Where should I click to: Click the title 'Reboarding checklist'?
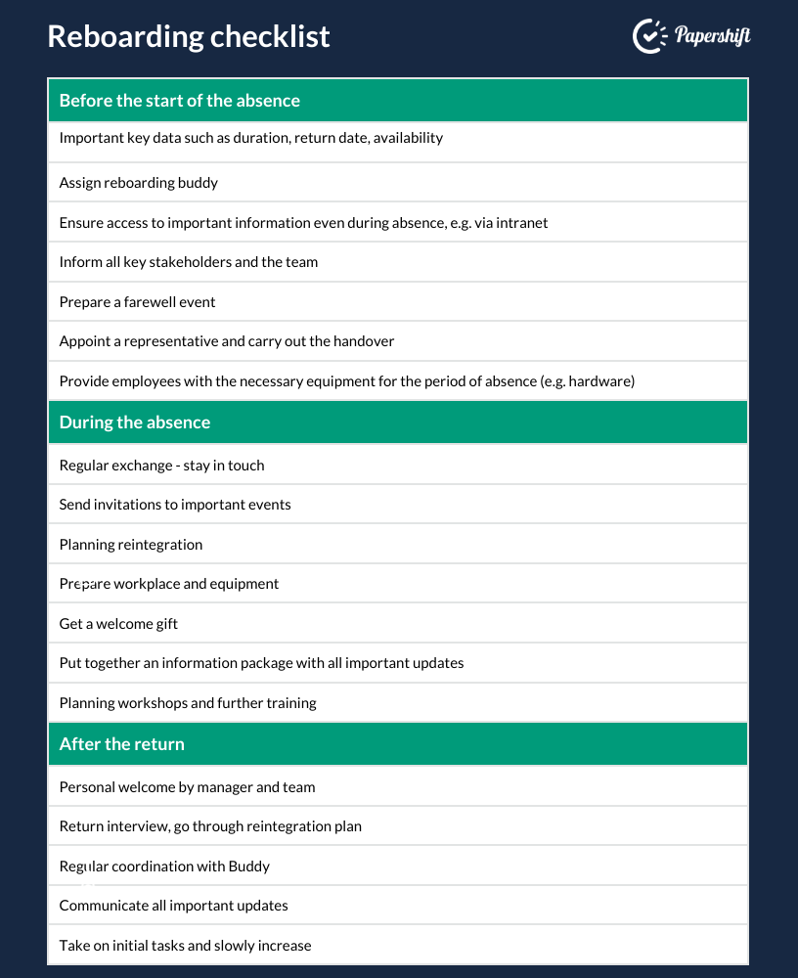[189, 36]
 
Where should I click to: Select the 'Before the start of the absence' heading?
[180, 101]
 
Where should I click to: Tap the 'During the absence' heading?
[135, 422]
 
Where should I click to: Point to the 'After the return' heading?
[122, 744]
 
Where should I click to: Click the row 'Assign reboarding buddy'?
[139, 183]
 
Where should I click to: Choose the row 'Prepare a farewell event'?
[138, 302]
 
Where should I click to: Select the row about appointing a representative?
[227, 341]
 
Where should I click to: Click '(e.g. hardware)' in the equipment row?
[587, 381]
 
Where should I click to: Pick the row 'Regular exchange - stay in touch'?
[162, 466]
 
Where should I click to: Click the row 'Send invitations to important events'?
[175, 505]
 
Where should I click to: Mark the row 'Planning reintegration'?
[131, 545]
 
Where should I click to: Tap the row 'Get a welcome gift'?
[119, 624]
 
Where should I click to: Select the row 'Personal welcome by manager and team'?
[188, 787]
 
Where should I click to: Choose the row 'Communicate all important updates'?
[174, 906]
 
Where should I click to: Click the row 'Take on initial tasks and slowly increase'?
[186, 946]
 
